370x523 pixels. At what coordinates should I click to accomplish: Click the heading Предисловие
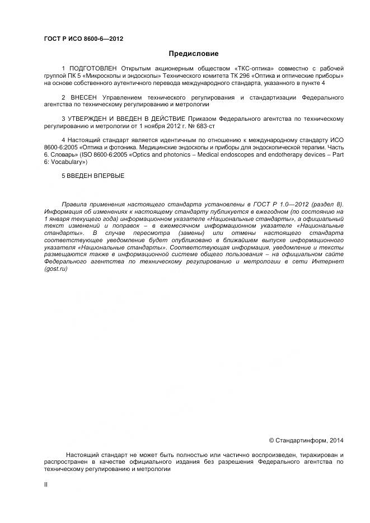tap(194, 54)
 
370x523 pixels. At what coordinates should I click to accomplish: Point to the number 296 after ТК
tap(225, 76)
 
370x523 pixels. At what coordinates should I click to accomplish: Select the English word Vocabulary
tap(68, 162)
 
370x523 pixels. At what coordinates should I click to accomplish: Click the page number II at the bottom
tap(45, 484)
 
